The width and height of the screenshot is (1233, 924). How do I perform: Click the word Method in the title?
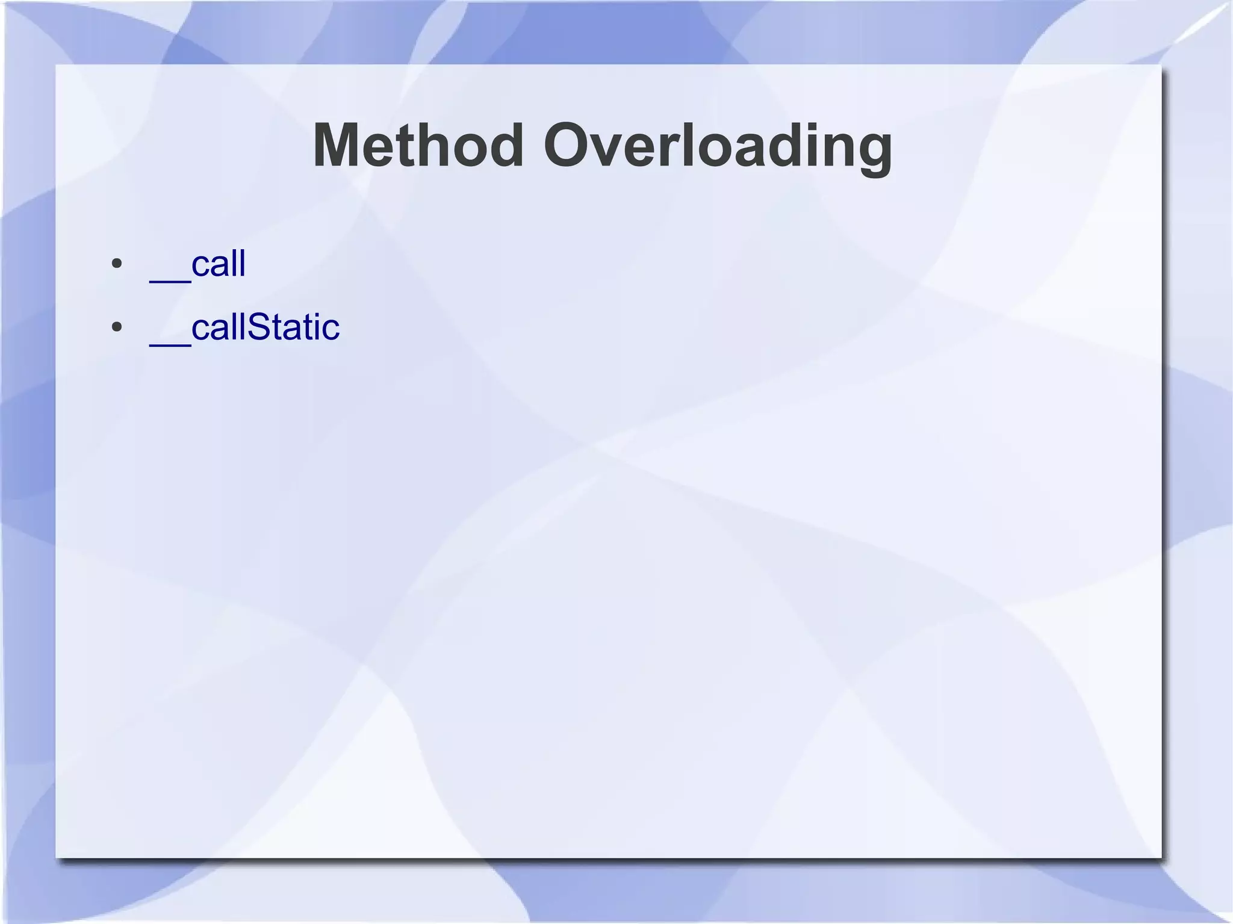(x=418, y=146)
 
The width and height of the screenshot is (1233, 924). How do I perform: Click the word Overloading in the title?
(x=718, y=146)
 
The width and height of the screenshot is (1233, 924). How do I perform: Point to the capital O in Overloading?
(x=568, y=146)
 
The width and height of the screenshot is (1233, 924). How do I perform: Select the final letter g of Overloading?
(x=871, y=152)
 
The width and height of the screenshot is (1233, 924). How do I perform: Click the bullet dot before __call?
(x=117, y=264)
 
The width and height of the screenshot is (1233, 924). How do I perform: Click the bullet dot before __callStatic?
(x=117, y=327)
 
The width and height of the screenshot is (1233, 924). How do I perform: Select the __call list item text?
(x=197, y=265)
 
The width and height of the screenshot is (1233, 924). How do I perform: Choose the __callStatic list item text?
(x=244, y=328)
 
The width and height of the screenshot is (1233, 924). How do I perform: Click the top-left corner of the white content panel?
(x=57, y=65)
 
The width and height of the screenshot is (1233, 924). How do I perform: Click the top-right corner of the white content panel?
(x=1160, y=65)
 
